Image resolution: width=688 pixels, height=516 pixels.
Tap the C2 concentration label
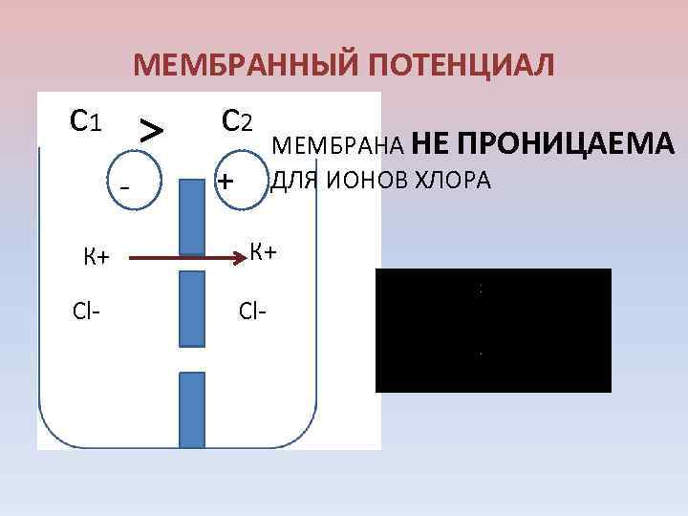coord(236,120)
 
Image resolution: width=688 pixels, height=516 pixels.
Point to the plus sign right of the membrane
coord(226,181)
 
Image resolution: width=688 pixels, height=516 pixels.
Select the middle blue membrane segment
coord(191,308)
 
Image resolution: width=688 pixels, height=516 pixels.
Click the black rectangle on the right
coord(493,331)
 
